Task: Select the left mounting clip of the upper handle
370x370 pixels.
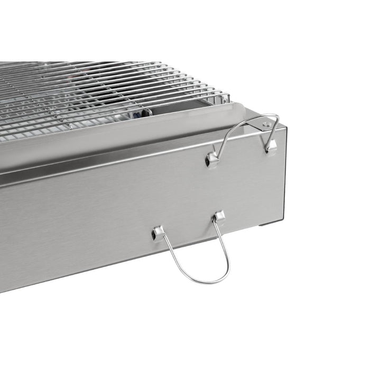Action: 212,159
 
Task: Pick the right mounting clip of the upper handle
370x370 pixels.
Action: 271,146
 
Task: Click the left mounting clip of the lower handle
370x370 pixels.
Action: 157,232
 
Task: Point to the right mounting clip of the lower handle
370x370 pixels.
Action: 218,217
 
